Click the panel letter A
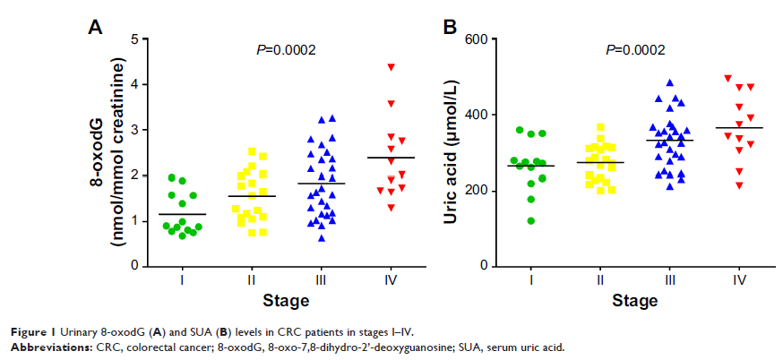(x=94, y=27)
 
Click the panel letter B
(x=452, y=27)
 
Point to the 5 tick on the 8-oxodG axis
(x=133, y=39)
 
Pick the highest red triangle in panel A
(x=391, y=67)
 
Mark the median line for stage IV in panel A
(x=391, y=158)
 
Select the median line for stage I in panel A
(x=182, y=214)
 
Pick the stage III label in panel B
(x=669, y=281)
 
